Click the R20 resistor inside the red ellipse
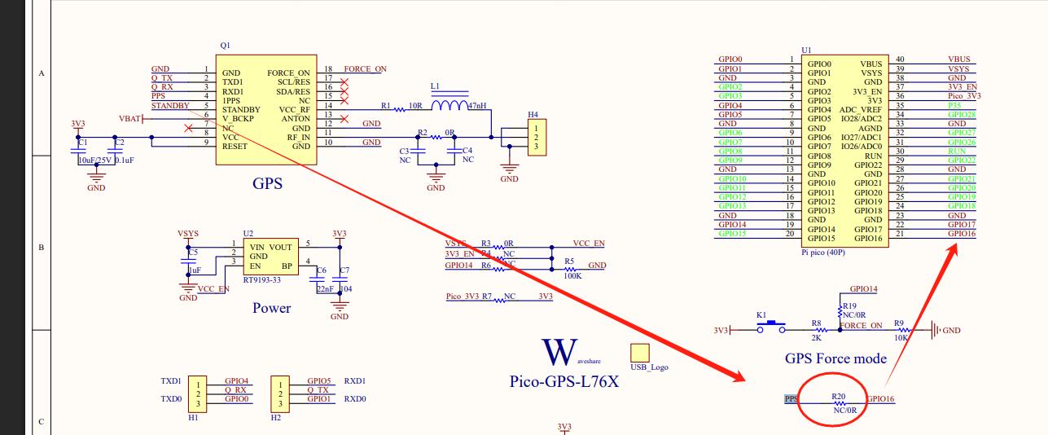[x=840, y=404]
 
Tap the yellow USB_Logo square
[x=640, y=353]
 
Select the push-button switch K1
[x=770, y=329]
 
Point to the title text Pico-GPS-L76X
[x=563, y=380]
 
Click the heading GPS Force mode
[x=835, y=358]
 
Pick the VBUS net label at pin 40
[x=959, y=59]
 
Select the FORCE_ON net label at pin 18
[x=365, y=69]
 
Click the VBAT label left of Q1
[x=130, y=119]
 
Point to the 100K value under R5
[x=573, y=275]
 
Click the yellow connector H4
[x=535, y=138]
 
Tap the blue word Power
[x=271, y=308]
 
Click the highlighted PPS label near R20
[x=791, y=399]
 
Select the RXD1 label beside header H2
[x=355, y=380]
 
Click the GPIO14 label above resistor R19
[x=863, y=289]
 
